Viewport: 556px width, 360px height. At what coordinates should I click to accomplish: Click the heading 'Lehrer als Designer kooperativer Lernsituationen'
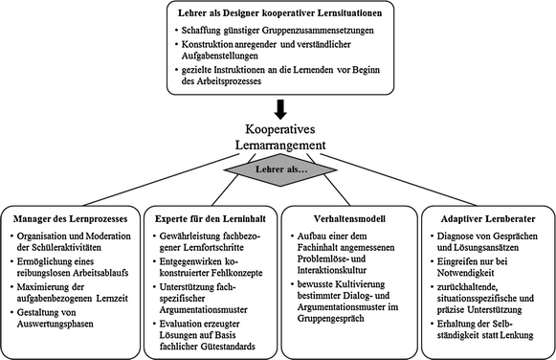(278, 15)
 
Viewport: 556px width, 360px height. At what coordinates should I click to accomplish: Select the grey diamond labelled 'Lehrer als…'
(278, 169)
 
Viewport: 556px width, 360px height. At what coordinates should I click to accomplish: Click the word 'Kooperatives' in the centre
(278, 127)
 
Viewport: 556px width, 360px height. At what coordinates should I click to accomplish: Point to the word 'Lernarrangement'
(278, 145)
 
